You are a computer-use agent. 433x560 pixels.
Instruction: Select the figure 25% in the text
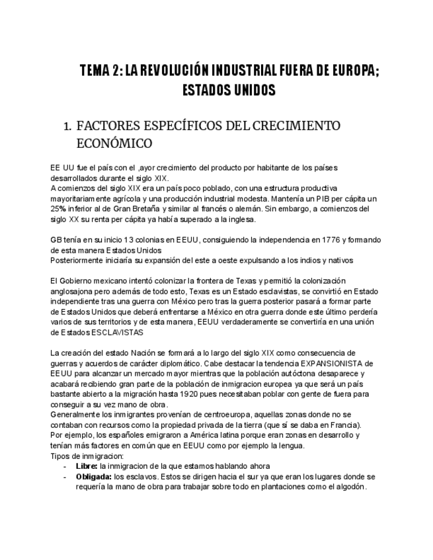coord(58,209)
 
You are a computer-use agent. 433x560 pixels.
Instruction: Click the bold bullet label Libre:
coord(87,466)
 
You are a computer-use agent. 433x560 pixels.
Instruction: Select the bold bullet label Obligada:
coord(93,476)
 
